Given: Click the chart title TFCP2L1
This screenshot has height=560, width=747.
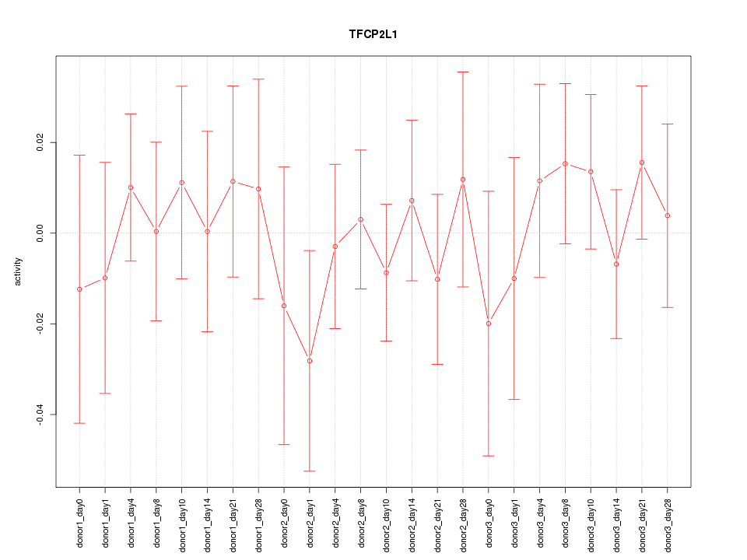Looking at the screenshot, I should point(373,35).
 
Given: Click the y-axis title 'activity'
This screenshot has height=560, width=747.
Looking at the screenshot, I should point(19,271).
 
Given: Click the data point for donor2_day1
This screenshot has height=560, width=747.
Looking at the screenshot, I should point(310,361).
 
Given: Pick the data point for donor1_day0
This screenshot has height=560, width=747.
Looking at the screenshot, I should point(79,289).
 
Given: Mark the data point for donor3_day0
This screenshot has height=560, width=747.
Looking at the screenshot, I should point(489,324).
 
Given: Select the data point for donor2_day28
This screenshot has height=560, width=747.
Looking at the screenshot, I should point(463,180).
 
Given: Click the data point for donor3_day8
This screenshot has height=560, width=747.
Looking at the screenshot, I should point(565,164).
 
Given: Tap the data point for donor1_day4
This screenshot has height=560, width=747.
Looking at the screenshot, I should point(131,187).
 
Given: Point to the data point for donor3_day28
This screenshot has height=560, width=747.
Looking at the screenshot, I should point(668,215).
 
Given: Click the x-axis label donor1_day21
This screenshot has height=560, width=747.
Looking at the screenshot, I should point(233,520).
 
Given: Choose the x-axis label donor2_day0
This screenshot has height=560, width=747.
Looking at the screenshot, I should point(284,520).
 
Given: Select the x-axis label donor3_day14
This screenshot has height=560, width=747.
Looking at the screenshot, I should point(616,520).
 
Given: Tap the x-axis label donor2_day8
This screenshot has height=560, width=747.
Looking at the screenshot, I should point(360,520).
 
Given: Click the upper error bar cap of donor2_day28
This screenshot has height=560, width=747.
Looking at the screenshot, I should point(463,72).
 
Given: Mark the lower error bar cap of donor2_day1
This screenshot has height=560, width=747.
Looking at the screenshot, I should point(310,471).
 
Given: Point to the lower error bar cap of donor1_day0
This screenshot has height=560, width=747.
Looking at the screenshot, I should point(79,423).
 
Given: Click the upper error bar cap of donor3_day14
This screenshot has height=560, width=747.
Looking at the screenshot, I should point(616,190).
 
